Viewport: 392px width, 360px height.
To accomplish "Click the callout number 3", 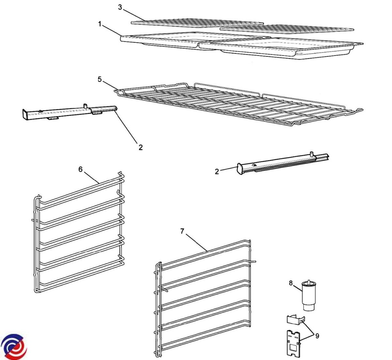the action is (120, 8).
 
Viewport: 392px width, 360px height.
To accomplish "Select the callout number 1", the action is (100, 24).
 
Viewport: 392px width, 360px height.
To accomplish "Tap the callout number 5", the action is (100, 79).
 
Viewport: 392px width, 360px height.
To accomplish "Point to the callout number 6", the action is (80, 169).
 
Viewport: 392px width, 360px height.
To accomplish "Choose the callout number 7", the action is (182, 231).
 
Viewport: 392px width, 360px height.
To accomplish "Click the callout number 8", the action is (291, 283).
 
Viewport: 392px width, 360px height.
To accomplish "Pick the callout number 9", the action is (317, 336).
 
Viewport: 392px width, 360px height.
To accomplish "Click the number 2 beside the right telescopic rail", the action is (217, 172).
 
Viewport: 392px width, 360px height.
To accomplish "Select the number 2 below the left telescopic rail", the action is (141, 147).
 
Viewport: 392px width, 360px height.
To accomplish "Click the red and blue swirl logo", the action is (14, 346).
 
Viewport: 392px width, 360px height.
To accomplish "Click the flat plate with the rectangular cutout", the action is (294, 345).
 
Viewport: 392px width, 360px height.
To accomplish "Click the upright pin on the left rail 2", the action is (85, 106).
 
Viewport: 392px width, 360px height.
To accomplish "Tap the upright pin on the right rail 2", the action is (312, 154).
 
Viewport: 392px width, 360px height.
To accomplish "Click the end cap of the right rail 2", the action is (240, 169).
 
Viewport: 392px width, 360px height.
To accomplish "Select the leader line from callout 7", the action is (196, 242).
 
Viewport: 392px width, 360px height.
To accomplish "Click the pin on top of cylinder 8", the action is (309, 281).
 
